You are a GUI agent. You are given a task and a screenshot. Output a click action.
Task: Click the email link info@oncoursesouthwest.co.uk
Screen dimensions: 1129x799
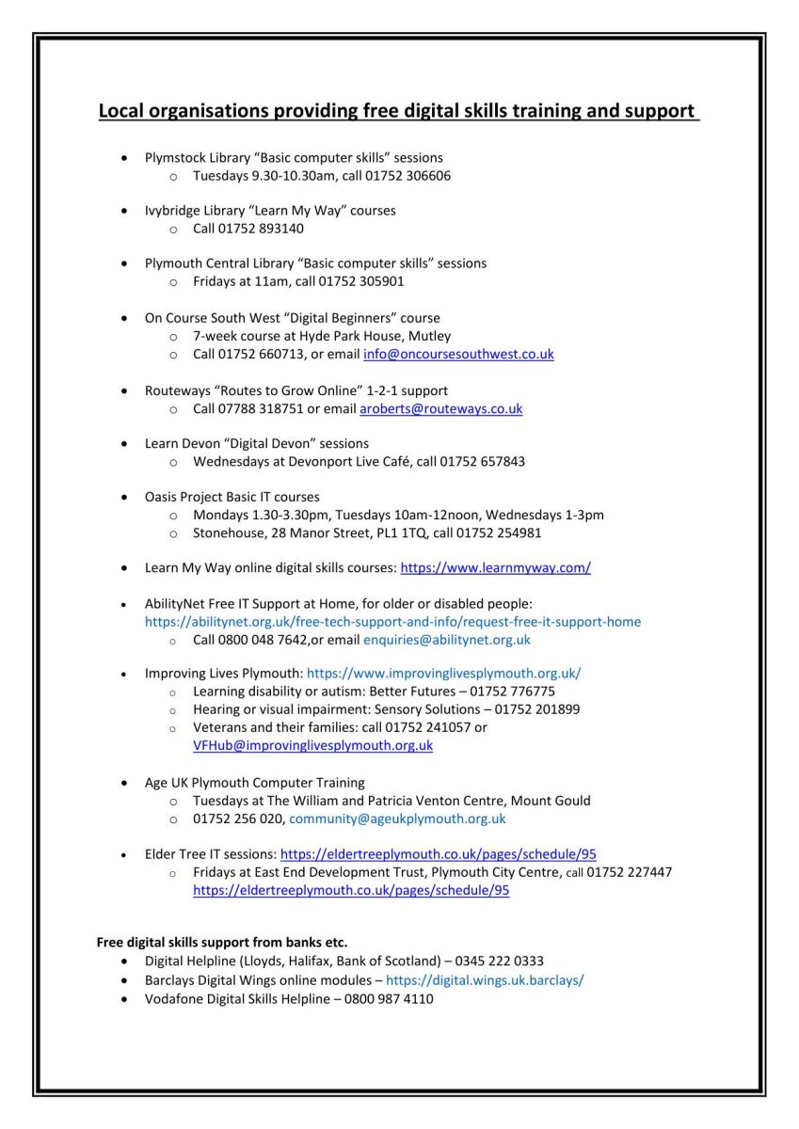(458, 355)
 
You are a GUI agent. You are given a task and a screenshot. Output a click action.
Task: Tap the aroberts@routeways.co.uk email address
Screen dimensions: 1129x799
(440, 409)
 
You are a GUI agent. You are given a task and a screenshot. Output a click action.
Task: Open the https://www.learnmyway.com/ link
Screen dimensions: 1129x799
(495, 568)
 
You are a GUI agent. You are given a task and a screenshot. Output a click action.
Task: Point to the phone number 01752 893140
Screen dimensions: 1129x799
(261, 229)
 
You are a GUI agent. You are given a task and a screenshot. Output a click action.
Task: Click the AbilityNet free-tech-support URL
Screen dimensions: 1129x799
(392, 622)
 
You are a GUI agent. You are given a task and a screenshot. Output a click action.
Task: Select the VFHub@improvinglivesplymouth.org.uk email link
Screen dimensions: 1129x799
(312, 745)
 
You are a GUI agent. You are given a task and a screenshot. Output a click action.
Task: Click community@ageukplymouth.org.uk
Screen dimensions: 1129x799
(397, 819)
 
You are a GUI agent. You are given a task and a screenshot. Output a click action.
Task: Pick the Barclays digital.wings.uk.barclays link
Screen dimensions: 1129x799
(485, 980)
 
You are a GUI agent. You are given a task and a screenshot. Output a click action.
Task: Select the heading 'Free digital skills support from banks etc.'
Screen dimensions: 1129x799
(222, 942)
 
